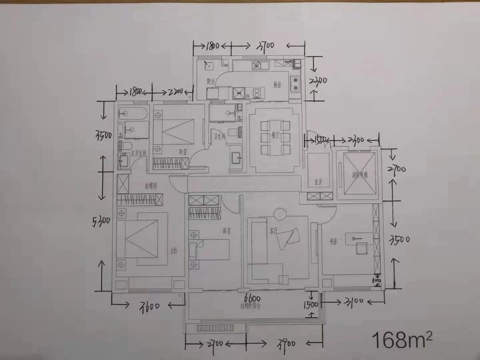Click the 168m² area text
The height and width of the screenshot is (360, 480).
pyautogui.click(x=402, y=340)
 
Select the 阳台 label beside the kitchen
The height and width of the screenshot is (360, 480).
pyautogui.click(x=211, y=81)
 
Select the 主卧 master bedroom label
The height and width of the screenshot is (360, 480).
pyautogui.click(x=173, y=251)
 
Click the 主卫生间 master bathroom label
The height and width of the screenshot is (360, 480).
pyautogui.click(x=138, y=153)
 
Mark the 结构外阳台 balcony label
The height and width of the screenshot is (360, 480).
pyautogui.click(x=251, y=306)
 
